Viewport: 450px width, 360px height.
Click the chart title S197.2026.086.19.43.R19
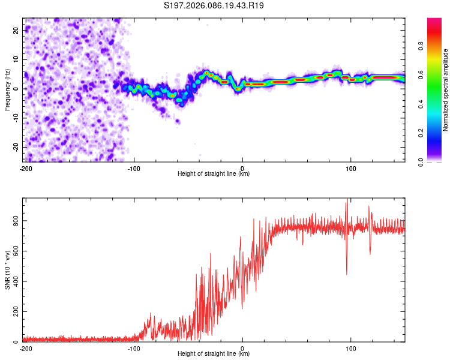[214, 5]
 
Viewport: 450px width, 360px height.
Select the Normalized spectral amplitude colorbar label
[446, 90]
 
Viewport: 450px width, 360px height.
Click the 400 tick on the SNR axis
[16, 281]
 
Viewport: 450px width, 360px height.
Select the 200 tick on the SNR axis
[16, 312]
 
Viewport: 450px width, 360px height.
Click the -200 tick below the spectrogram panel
[25, 167]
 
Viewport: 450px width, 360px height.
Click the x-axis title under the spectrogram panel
[214, 174]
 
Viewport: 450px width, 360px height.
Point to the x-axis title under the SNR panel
[214, 355]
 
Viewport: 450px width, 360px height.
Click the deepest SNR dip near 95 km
[346, 274]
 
